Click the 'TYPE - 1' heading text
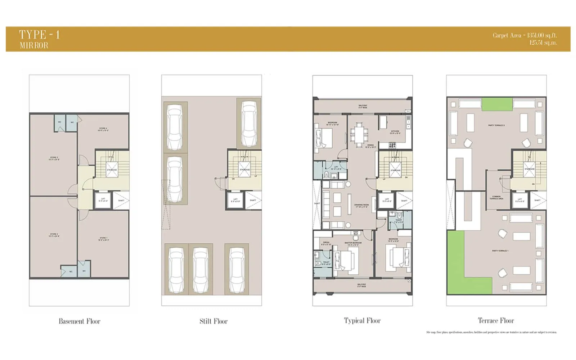40,35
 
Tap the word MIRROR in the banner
34,45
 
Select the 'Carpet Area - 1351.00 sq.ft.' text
525,35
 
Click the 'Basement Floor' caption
80,321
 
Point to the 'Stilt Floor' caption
213,321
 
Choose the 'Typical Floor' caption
362,320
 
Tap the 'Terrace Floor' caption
496,320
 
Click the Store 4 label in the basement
103,129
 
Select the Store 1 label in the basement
103,239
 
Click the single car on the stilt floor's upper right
249,124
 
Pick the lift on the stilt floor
235,200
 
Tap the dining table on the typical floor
359,135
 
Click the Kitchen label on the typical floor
395,132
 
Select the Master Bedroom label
353,244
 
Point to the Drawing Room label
361,206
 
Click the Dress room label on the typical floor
326,243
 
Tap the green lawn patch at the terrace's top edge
497,104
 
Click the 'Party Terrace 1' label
500,251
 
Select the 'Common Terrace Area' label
496,198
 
